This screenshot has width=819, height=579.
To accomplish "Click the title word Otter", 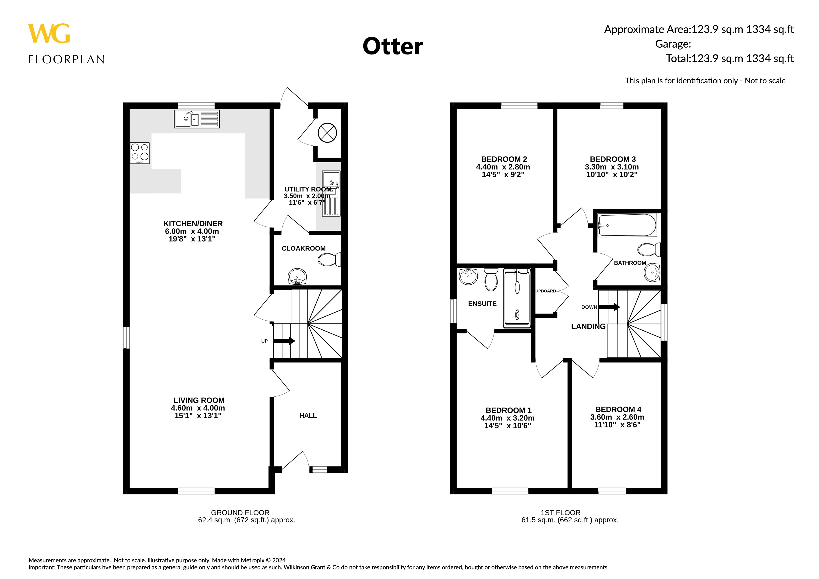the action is pyautogui.click(x=393, y=46).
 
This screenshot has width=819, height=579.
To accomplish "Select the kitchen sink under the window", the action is pyautogui.click(x=197, y=119).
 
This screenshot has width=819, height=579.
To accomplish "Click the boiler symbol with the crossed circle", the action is pyautogui.click(x=327, y=133).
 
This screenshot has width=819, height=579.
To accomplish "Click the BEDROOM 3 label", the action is pyautogui.click(x=612, y=159).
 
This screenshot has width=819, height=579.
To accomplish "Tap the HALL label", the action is pyautogui.click(x=308, y=416).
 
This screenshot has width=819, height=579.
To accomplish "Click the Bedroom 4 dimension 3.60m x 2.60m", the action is pyautogui.click(x=617, y=417).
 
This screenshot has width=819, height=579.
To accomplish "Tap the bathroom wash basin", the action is pyautogui.click(x=652, y=272).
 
